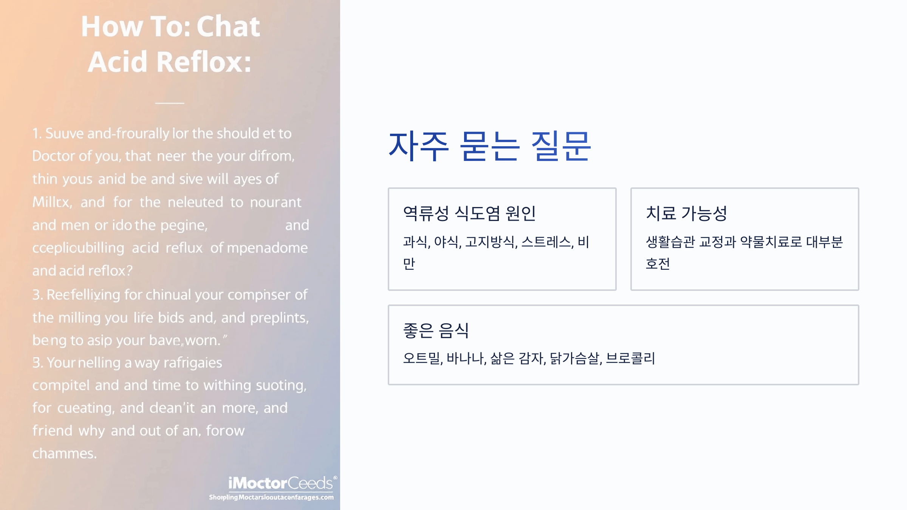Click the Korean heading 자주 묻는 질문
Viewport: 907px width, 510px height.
(489, 147)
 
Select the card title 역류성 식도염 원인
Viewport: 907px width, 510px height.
(469, 213)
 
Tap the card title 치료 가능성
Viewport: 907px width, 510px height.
(686, 213)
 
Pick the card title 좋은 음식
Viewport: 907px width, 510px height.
(436, 331)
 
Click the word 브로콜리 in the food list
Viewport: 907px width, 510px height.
(630, 358)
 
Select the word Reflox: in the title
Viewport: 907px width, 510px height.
(204, 62)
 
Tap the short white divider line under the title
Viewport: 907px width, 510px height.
(170, 103)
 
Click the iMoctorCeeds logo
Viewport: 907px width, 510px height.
(280, 484)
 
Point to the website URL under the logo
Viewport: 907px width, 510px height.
(271, 497)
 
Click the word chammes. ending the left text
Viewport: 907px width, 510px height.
(64, 453)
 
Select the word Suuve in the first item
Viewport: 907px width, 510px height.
(64, 133)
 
